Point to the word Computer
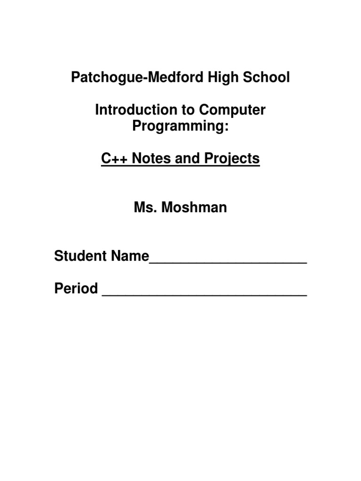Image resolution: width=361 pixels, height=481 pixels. click(x=233, y=110)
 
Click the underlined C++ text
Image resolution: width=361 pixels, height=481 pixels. click(x=115, y=159)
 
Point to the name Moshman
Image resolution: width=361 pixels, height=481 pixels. click(x=195, y=208)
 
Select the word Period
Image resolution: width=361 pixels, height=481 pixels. click(x=76, y=288)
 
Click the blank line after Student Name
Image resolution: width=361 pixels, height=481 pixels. click(x=228, y=262)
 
